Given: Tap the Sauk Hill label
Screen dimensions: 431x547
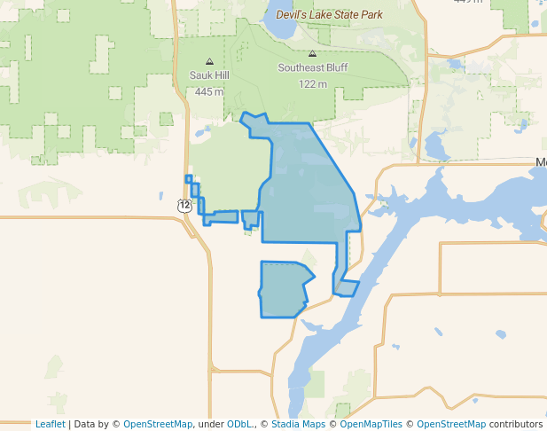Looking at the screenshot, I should point(209,76).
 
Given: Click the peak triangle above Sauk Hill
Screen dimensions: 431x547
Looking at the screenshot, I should point(209,62).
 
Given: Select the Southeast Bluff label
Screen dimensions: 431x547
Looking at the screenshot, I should point(312,67).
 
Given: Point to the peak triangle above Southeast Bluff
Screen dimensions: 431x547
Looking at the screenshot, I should point(312,54).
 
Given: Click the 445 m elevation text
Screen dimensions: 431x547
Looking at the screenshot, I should point(209,91).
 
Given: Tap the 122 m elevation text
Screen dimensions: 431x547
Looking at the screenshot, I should point(312,83).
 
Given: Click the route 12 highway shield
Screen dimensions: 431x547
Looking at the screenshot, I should point(184,205).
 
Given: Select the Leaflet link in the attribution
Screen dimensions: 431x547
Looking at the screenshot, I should point(50,424).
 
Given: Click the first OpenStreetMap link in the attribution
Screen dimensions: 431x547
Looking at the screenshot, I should point(157,424).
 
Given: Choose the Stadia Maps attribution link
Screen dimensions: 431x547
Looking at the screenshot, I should point(296,424).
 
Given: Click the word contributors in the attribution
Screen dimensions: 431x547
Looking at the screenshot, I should point(516,424).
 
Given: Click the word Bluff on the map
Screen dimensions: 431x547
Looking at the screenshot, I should point(332,67).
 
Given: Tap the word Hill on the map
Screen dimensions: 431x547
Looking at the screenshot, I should point(220,76).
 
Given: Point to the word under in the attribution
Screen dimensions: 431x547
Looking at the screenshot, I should point(211,424).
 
